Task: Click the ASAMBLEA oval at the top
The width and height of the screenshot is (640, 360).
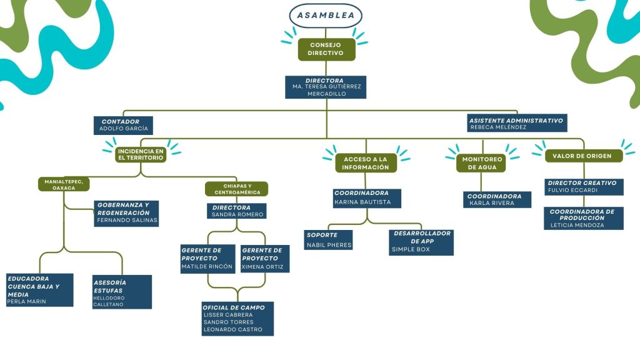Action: tap(326, 15)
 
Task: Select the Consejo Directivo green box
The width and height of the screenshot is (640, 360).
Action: tap(326, 49)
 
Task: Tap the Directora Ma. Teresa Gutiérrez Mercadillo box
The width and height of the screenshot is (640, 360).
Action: tap(326, 87)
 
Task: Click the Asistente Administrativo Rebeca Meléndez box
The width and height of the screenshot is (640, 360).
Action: tap(516, 123)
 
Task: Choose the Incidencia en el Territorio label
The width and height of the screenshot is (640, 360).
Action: tap(141, 154)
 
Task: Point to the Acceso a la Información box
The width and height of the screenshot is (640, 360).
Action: tap(366, 162)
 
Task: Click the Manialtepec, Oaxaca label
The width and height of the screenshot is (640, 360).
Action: tap(64, 184)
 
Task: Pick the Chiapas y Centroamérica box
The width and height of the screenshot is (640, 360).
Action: tap(236, 189)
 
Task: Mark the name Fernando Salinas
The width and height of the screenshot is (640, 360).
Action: tap(127, 221)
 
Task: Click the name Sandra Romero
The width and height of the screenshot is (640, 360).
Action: tap(237, 214)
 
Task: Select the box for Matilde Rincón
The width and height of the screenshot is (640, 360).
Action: tap(207, 258)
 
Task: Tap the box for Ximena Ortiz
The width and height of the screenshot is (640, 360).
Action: tap(265, 258)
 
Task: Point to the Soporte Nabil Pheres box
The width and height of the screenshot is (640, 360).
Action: tap(329, 240)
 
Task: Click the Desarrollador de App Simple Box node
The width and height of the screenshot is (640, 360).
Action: tap(421, 242)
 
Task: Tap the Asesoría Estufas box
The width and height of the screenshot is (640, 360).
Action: tap(121, 291)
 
